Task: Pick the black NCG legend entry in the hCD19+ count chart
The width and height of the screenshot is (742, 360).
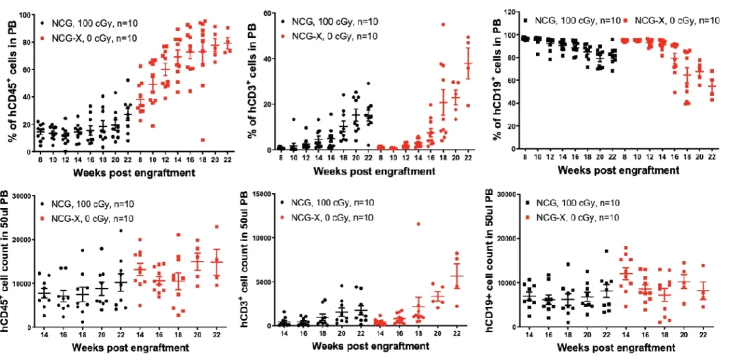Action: pyautogui.click(x=572, y=203)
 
